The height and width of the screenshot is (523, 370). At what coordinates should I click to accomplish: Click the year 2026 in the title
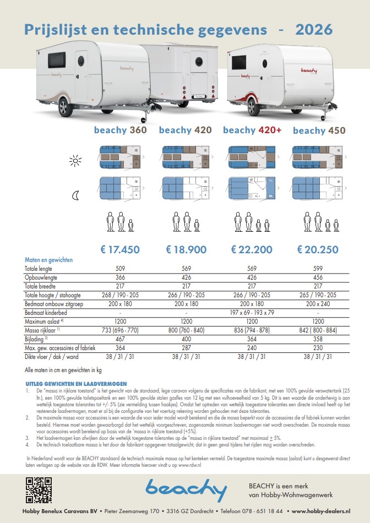point(314,29)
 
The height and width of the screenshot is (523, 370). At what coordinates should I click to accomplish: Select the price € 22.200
point(252,249)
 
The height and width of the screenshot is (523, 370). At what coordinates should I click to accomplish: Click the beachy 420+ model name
point(252,130)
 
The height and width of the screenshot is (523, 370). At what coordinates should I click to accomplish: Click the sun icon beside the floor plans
point(75,160)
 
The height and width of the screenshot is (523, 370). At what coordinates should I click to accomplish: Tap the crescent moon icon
point(75,194)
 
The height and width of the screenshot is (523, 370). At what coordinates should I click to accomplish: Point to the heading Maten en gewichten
point(48,260)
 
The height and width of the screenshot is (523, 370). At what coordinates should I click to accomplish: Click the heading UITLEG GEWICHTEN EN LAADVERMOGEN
point(76,383)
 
